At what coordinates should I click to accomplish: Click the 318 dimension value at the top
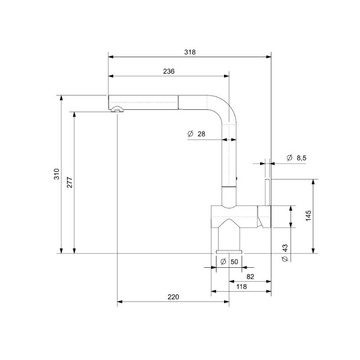190,52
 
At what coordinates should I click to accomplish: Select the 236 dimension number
169,72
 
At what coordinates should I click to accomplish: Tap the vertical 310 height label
57,174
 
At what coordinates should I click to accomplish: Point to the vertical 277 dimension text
70,183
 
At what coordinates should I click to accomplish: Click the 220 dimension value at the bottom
173,297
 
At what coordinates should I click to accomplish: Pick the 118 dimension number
242,287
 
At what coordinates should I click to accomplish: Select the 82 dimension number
250,277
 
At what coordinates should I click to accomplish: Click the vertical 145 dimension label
308,216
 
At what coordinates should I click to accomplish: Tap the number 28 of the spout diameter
201,134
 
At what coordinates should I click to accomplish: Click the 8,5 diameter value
301,158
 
